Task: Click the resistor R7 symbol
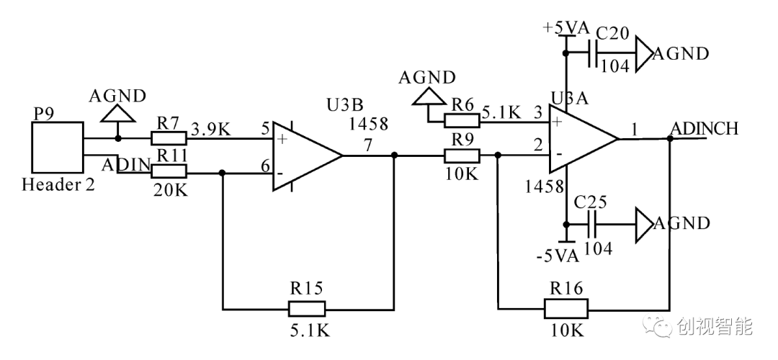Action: click(169, 138)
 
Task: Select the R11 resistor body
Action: click(169, 171)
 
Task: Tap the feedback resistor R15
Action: click(307, 310)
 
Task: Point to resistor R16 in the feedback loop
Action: click(565, 310)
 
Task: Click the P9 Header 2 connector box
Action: click(57, 148)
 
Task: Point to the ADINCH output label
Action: click(704, 129)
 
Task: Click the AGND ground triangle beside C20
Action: click(643, 54)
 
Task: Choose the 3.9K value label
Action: click(210, 129)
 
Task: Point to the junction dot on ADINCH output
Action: click(670, 138)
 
